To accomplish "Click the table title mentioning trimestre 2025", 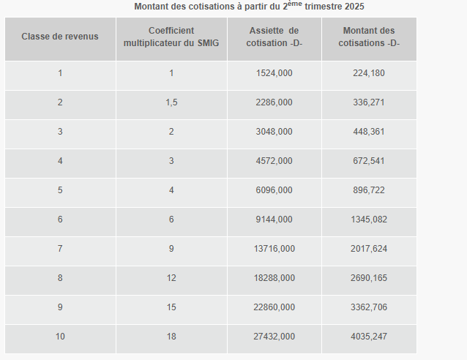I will pos(249,7).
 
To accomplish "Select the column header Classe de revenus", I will pos(59,37).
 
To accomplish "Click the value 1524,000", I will pos(274,73).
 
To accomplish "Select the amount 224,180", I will pos(368,73).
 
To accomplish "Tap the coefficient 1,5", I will pos(171,102).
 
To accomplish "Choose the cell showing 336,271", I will pos(368,102).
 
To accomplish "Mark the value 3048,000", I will pos(274,132).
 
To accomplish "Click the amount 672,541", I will pos(368,161).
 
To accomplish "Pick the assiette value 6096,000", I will pos(274,190).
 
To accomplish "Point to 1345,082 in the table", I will pos(368,220).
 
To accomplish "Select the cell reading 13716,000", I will pos(274,249).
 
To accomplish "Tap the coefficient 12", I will pos(171,278).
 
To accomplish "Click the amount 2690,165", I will pos(368,278).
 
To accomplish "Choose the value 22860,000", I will pos(274,307).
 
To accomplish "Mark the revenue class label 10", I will pos(60,337).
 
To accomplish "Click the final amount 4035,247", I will pos(368,337).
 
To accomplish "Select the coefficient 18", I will pos(171,337).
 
